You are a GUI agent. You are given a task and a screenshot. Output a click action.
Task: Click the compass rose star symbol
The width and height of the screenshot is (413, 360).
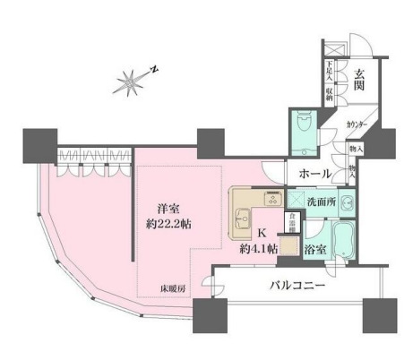[x=130, y=82]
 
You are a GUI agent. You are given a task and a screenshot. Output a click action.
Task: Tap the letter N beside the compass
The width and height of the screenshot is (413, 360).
[x=155, y=68]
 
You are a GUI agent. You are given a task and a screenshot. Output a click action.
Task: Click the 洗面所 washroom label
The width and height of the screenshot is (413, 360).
[x=322, y=203]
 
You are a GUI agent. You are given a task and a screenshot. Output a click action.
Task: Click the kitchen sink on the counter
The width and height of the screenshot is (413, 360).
[x=243, y=215]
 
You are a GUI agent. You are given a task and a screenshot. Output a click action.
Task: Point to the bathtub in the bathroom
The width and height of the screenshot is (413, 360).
[x=343, y=243]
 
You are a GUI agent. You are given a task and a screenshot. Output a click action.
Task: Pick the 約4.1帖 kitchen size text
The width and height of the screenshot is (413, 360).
[x=258, y=251]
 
